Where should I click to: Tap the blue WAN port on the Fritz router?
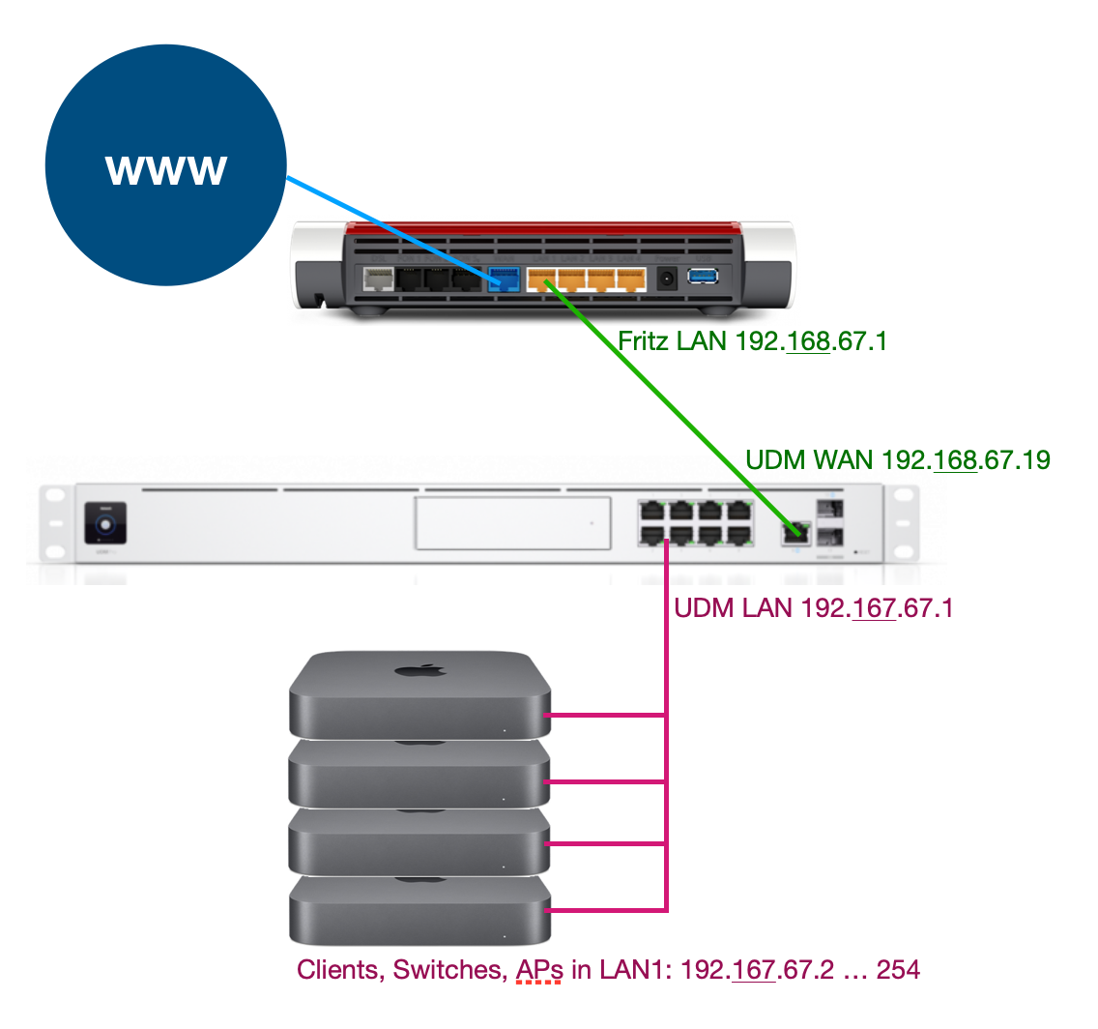tap(505, 279)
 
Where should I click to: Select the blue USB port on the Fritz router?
tap(703, 278)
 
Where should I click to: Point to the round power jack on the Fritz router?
tap(666, 279)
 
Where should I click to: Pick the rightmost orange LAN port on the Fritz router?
tap(631, 279)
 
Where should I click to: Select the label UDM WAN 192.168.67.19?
tap(898, 459)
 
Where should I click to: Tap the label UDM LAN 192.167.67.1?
tap(813, 609)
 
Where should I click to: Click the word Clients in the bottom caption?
tap(339, 970)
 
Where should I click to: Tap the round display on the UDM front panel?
tap(105, 523)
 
